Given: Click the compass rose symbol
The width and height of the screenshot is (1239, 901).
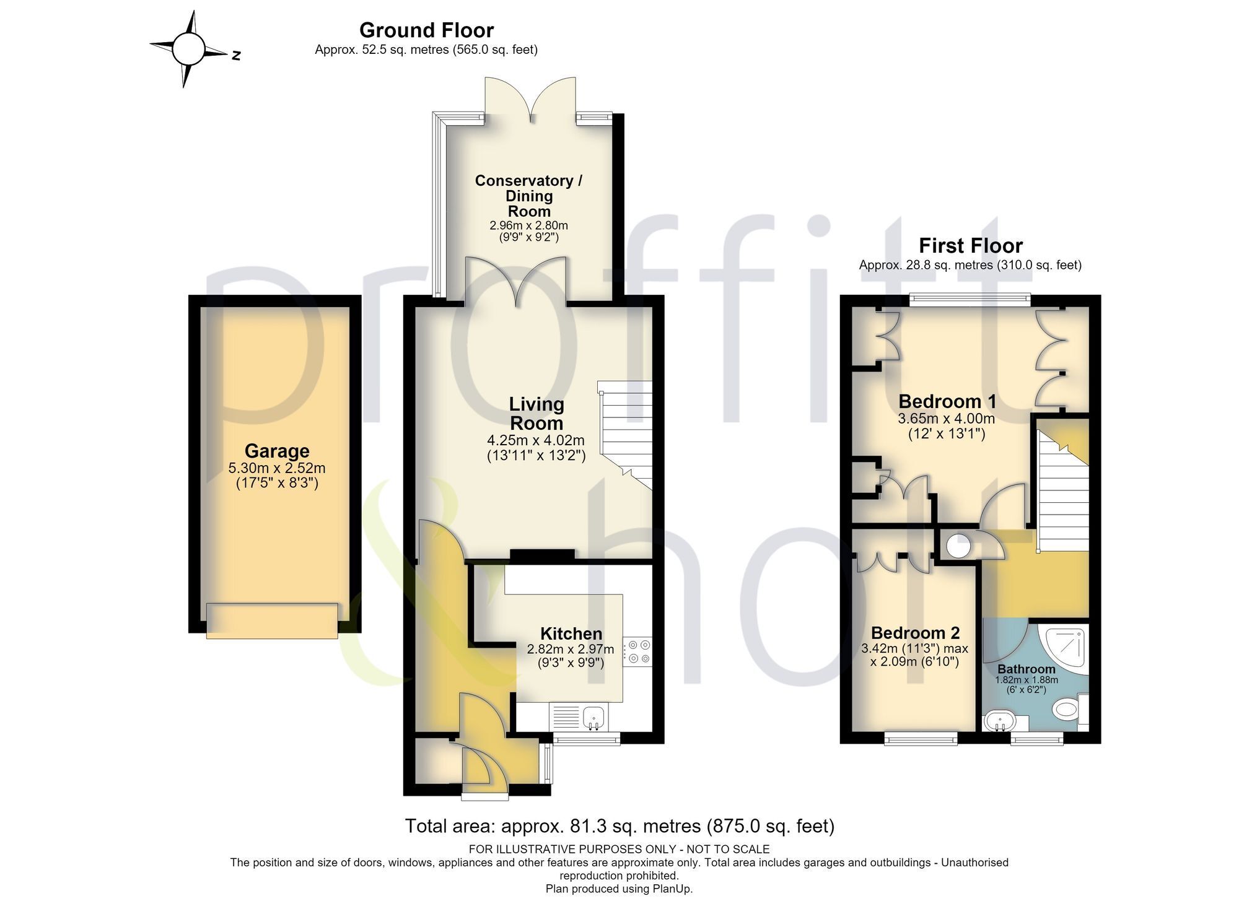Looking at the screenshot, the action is tap(188, 49).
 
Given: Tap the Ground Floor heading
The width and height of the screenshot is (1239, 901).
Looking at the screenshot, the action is tap(426, 30).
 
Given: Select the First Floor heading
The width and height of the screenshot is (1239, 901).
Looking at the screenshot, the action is tap(970, 245).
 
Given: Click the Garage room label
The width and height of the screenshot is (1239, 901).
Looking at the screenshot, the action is tap(277, 451).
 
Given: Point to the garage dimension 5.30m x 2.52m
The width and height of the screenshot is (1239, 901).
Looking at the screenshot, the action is tap(277, 469).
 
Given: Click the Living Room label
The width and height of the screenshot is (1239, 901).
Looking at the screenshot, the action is tap(536, 414).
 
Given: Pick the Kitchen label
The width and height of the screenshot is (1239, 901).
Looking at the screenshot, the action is tap(571, 633).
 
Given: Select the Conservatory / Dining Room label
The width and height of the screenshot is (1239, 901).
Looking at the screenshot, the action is tap(528, 196).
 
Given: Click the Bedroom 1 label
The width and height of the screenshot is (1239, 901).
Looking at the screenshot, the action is tap(947, 401).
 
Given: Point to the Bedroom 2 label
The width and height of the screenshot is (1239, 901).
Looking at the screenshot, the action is tap(915, 633).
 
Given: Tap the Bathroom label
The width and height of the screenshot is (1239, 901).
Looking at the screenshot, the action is tap(1027, 669).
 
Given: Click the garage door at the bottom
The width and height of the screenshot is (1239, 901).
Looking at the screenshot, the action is tap(272, 620).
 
